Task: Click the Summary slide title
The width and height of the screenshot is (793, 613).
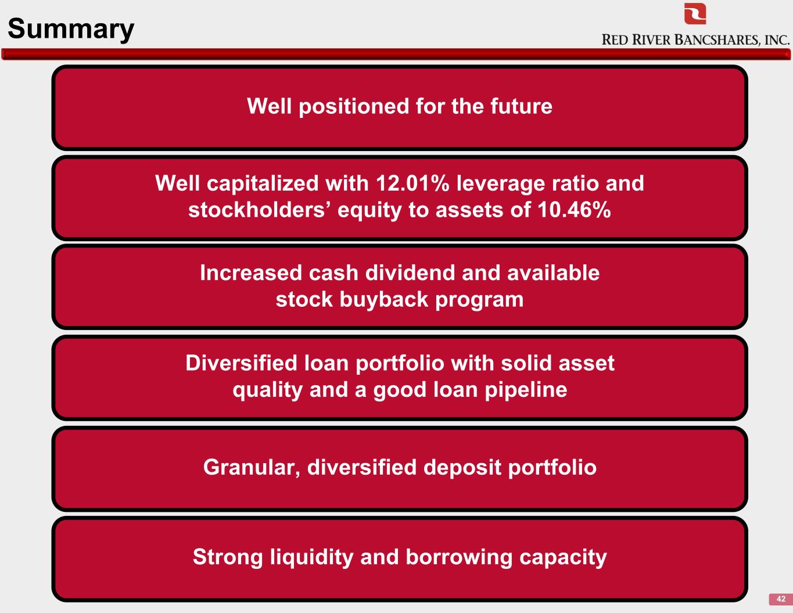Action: (x=71, y=29)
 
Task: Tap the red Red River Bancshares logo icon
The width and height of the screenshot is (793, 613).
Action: (x=695, y=13)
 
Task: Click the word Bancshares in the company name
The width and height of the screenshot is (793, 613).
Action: (x=717, y=40)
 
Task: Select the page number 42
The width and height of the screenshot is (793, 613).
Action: (x=781, y=599)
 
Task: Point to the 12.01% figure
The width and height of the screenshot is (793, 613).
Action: (x=412, y=183)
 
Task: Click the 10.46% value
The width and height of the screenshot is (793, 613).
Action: (x=574, y=210)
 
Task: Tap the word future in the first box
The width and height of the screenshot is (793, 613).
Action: (x=521, y=106)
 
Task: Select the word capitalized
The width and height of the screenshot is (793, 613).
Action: (x=263, y=184)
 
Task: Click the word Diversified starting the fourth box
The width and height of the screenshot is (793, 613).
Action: (x=241, y=363)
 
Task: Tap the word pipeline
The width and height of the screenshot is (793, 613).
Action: (x=526, y=390)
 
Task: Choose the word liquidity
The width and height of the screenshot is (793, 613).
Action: (x=311, y=558)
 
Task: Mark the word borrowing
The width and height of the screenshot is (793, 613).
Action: (x=459, y=558)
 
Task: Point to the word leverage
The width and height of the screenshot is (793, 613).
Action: (x=501, y=184)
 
